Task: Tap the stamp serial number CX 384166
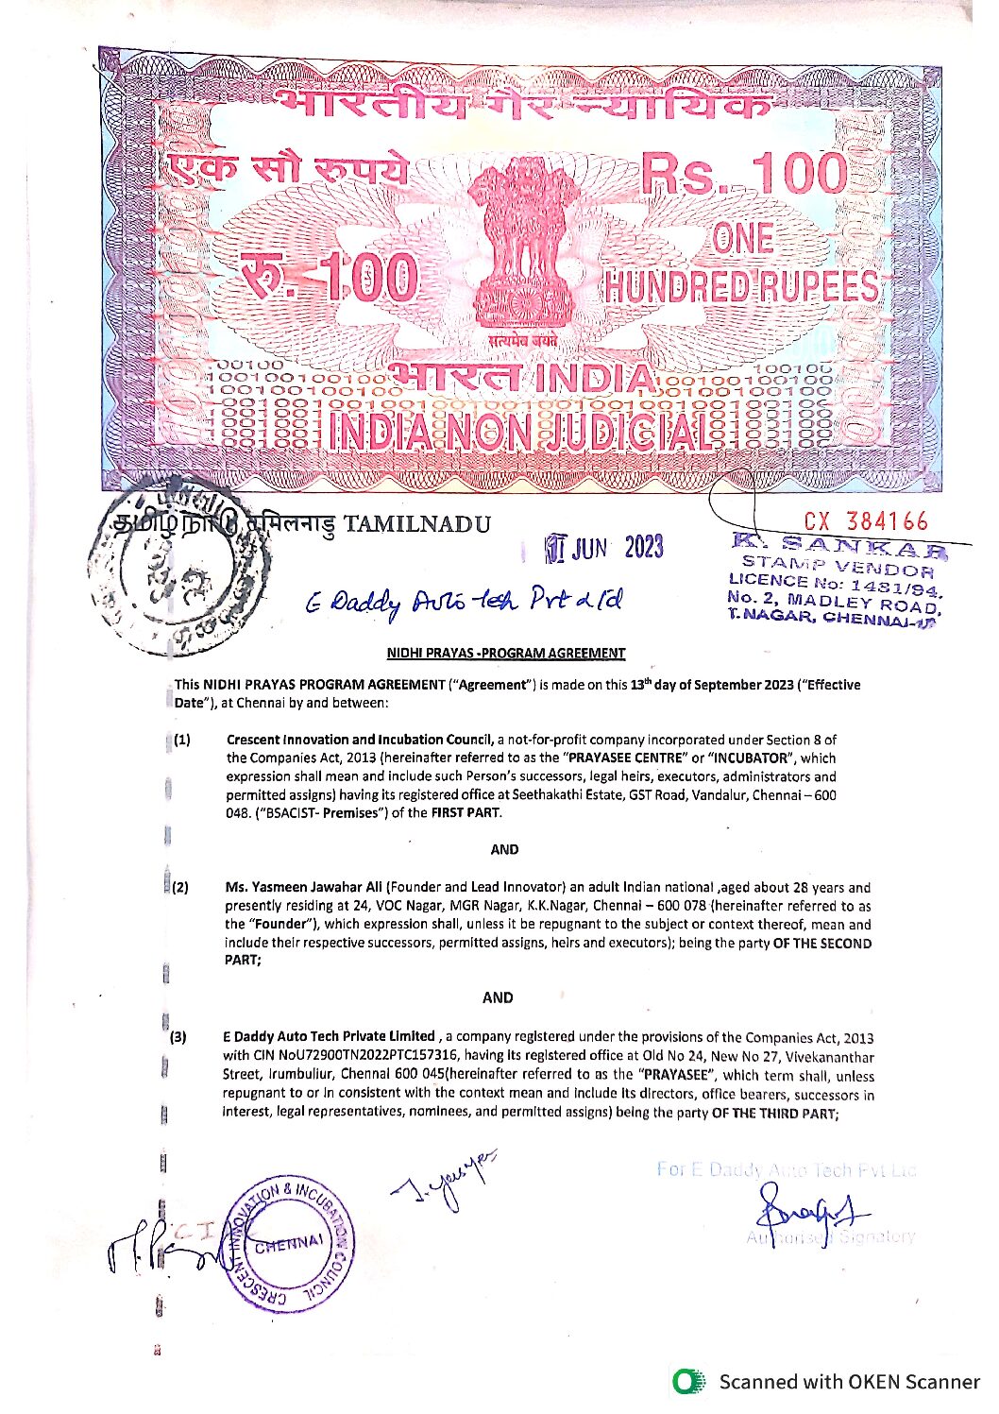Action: point(866,521)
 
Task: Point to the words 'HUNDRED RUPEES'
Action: point(741,286)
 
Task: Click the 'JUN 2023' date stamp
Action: point(604,548)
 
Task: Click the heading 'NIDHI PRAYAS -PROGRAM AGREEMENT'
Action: point(505,653)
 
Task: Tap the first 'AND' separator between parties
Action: point(504,849)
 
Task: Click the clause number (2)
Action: point(179,887)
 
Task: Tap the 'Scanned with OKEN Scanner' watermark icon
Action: point(688,1382)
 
